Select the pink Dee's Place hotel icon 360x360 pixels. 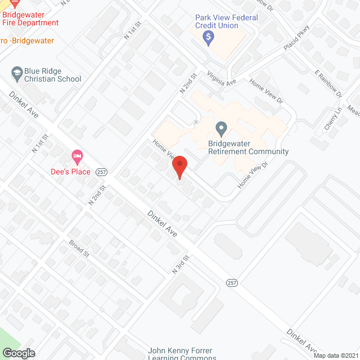(x=78, y=155)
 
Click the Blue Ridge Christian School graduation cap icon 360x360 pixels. (x=17, y=72)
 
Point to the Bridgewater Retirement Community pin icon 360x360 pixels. (x=221, y=129)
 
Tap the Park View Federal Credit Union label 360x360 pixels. (x=226, y=21)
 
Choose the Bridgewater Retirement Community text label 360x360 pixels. (x=248, y=147)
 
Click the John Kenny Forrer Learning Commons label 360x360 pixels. (x=182, y=354)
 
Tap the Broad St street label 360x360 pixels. (x=79, y=249)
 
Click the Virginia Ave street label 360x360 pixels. (x=221, y=78)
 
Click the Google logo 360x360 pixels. (x=19, y=353)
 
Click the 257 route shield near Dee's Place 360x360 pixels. (x=102, y=172)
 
